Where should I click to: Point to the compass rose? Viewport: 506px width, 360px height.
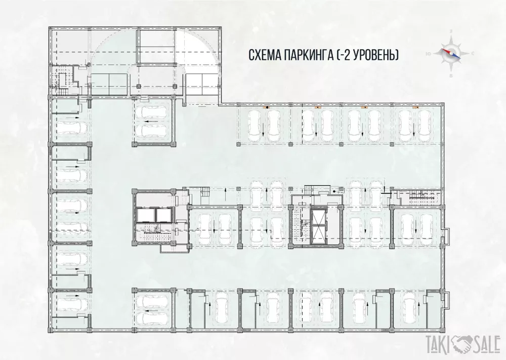point(451,54)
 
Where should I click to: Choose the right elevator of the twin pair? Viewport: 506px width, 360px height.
point(162,215)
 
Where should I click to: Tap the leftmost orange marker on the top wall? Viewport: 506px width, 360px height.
point(267,107)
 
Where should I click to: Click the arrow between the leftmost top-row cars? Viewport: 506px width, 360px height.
point(263,129)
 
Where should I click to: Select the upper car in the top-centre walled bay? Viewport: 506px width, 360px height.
point(150,112)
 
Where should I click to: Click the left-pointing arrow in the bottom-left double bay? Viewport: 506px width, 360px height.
point(152,311)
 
